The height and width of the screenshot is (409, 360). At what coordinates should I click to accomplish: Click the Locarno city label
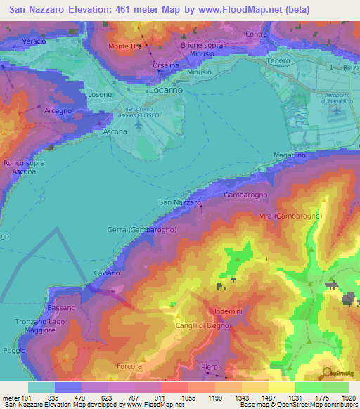165,91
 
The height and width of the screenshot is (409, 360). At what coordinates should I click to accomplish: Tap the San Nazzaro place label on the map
180,202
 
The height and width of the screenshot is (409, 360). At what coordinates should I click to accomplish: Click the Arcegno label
58,111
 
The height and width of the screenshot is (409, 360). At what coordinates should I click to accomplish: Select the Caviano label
107,272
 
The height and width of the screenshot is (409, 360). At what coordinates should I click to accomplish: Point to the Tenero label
278,60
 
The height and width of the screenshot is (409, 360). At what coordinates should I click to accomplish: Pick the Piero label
209,366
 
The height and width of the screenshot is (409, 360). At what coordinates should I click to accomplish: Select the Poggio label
13,349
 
